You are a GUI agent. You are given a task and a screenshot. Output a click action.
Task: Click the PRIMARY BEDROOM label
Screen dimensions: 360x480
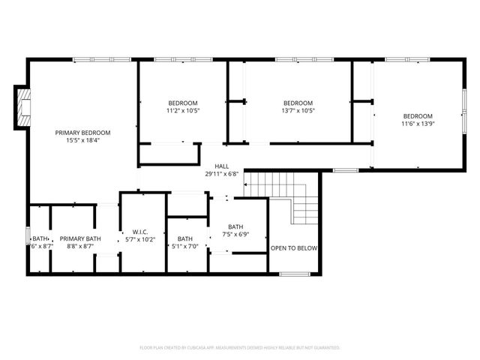pyautogui.click(x=82, y=133)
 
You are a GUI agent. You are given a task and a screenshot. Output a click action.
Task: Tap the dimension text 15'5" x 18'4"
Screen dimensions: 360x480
pyautogui.click(x=82, y=140)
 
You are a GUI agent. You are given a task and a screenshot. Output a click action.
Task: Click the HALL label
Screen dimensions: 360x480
pyautogui.click(x=222, y=166)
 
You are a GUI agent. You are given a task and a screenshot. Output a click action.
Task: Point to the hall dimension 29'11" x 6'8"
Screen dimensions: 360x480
pyautogui.click(x=222, y=174)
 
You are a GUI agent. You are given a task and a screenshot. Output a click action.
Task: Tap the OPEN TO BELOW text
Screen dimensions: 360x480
pyautogui.click(x=294, y=248)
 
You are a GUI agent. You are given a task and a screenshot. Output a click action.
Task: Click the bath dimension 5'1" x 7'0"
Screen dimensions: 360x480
pyautogui.click(x=185, y=246)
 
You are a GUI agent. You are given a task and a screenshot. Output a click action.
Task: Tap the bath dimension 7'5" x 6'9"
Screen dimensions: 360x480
pyautogui.click(x=235, y=234)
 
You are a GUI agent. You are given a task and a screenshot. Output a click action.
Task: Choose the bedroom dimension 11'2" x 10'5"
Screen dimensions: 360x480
pyautogui.click(x=183, y=110)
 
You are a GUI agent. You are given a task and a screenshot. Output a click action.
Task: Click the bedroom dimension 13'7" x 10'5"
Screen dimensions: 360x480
pyautogui.click(x=298, y=110)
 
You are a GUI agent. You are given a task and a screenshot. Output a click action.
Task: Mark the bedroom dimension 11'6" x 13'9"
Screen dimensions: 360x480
pyautogui.click(x=418, y=123)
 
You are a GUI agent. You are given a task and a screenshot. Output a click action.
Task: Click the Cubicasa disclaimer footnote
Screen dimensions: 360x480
pyautogui.click(x=240, y=347)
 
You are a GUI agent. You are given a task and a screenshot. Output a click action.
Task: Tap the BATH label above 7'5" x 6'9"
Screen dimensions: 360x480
pyautogui.click(x=235, y=226)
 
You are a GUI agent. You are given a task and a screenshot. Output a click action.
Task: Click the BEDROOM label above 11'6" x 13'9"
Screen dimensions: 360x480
pyautogui.click(x=418, y=115)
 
